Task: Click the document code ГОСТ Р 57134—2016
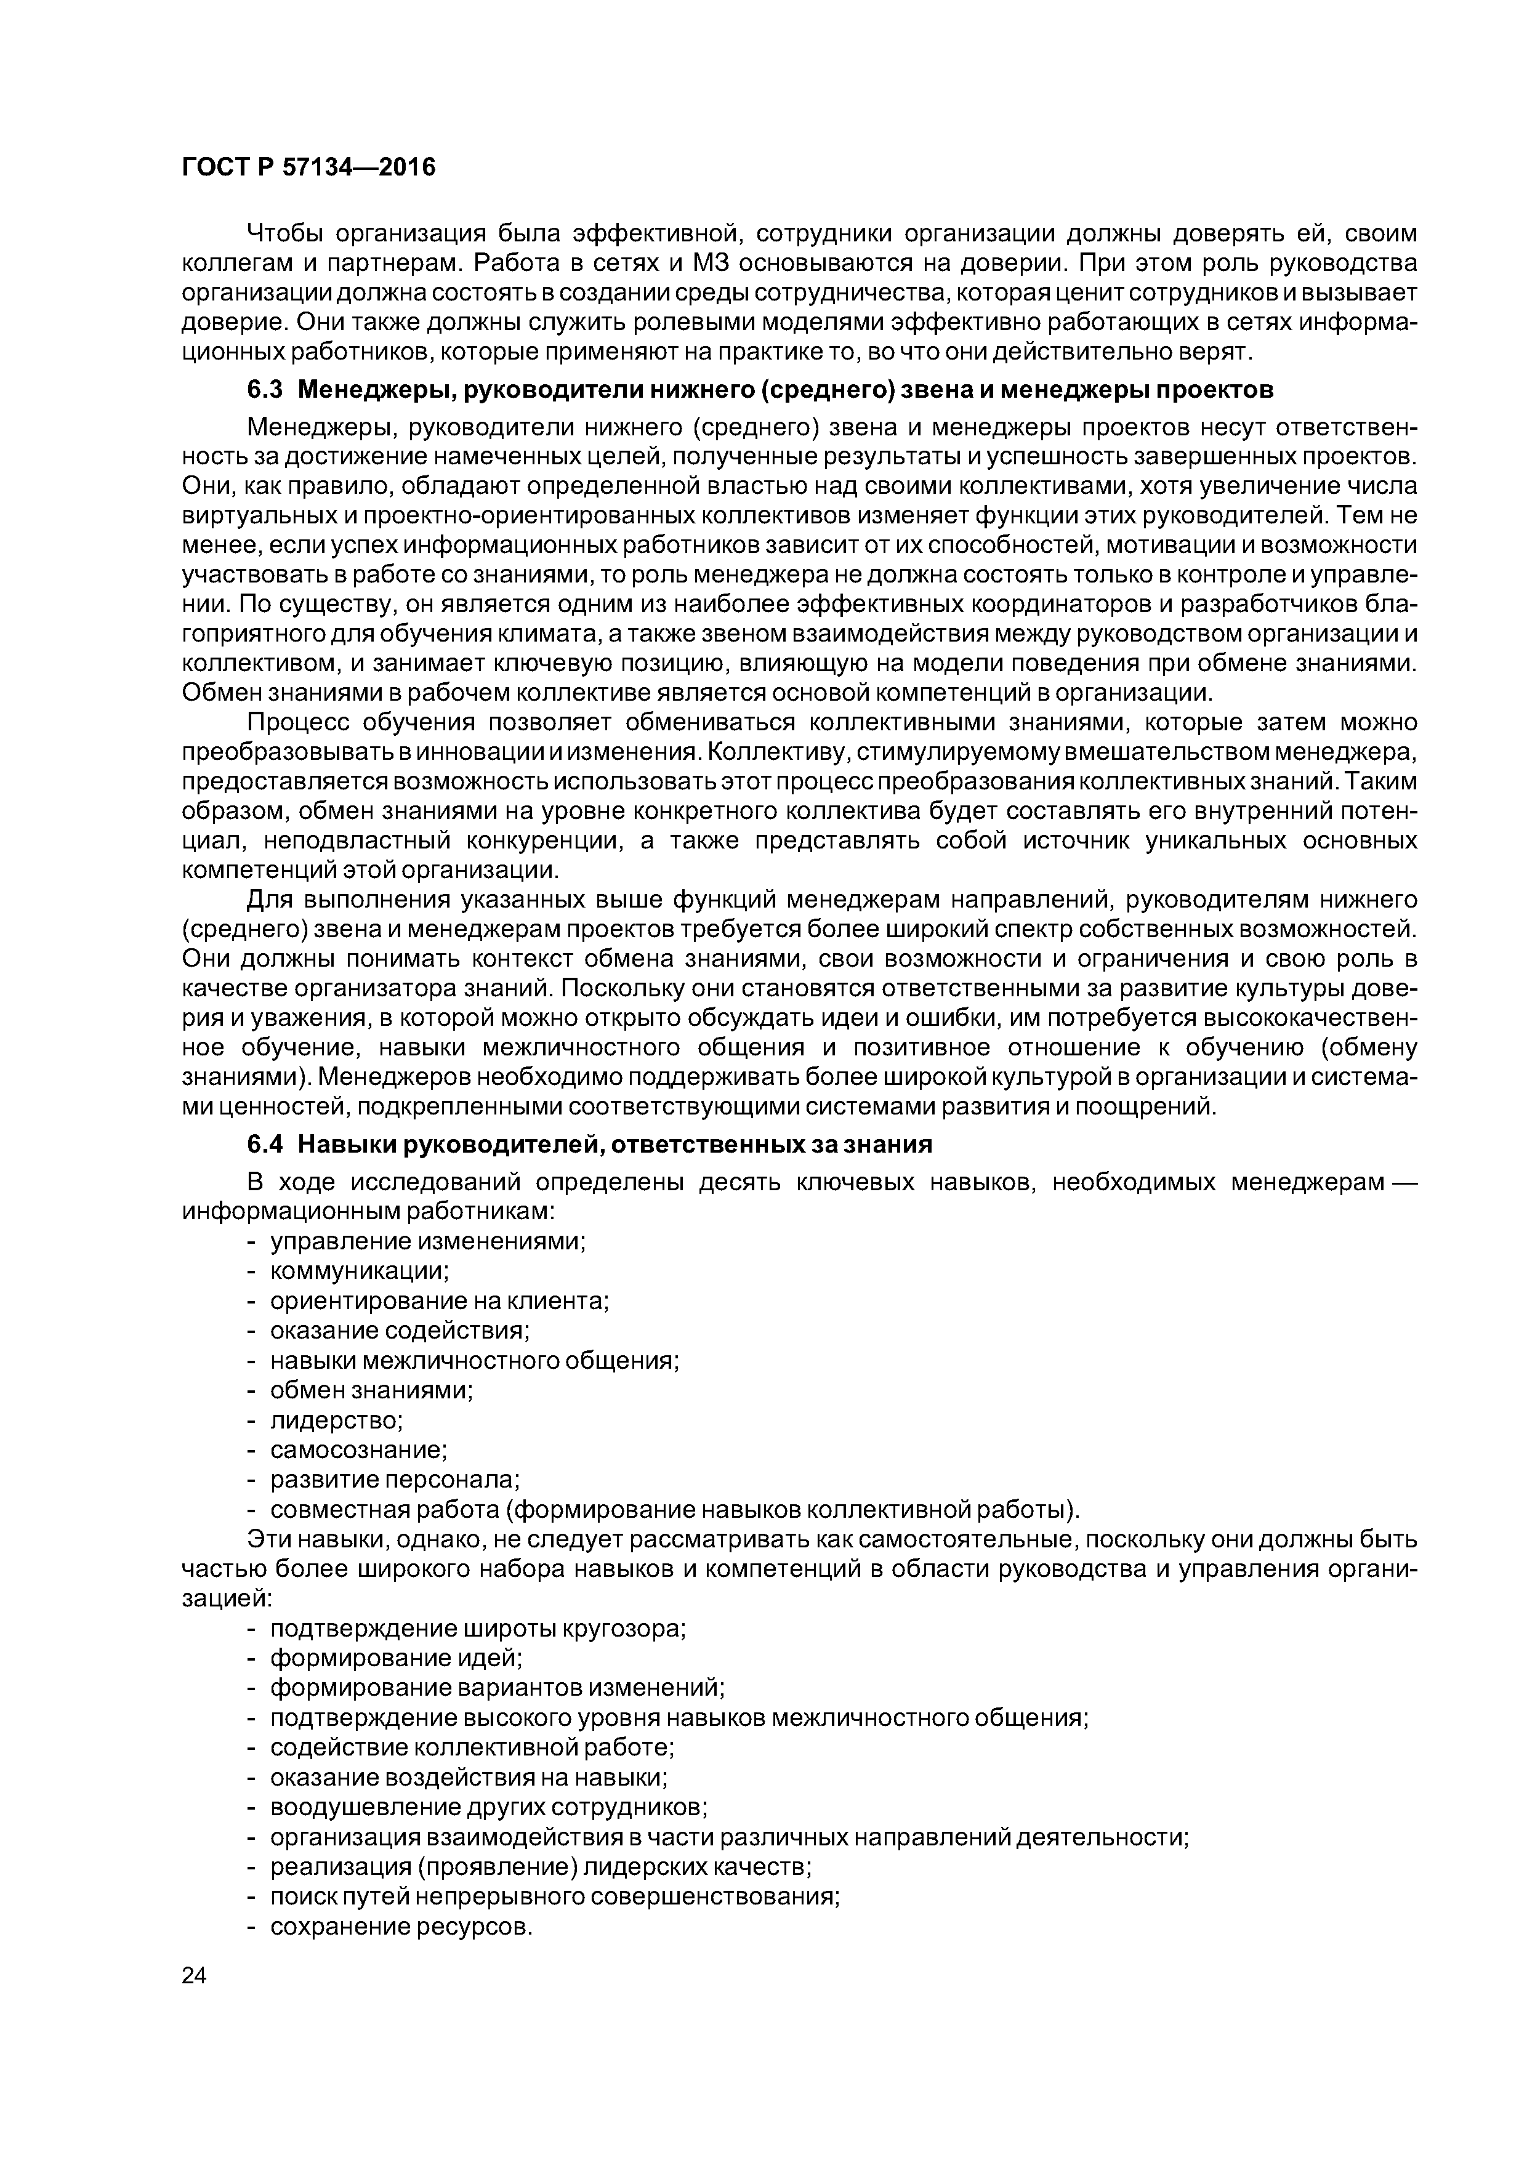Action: click(x=308, y=167)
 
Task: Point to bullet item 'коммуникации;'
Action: click(x=360, y=1271)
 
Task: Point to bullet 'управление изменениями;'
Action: click(x=428, y=1241)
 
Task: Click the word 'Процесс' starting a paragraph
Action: click(x=294, y=722)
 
